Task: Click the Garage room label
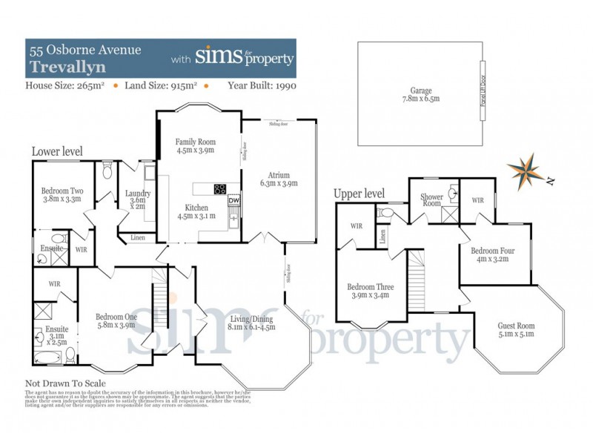421,93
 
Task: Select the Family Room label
195,145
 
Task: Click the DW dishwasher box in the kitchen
234,200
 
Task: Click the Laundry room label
139,199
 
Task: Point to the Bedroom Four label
493,255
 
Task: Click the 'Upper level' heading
359,194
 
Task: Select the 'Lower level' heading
57,151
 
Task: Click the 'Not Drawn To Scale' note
65,383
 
